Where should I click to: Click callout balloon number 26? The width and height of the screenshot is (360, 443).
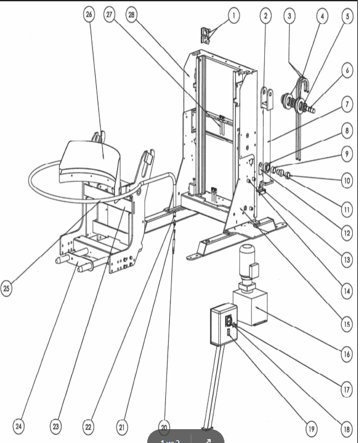pos(89,15)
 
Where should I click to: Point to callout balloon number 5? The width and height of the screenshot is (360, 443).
pos(347,17)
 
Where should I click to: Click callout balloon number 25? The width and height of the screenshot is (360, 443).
pos(7,289)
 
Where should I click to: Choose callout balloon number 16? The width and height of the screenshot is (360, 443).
pos(347,354)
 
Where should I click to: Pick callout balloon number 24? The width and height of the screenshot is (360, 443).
pos(19,426)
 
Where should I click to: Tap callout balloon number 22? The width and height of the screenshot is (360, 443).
pos(88,426)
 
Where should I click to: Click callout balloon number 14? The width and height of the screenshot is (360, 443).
pos(347,291)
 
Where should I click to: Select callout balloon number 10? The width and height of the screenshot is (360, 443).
pos(347,180)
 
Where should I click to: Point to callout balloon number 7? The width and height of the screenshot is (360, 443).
pos(347,103)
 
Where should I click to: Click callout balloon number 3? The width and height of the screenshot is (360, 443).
pos(289,16)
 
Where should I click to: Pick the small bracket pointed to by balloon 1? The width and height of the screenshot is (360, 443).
pos(206,35)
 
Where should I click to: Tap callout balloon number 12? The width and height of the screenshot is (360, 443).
pos(347,233)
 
